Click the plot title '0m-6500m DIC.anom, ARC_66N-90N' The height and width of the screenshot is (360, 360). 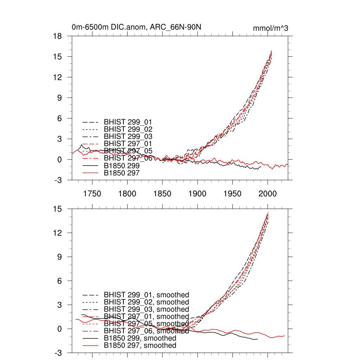(x=136, y=27)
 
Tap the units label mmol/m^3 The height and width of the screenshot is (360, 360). (x=270, y=28)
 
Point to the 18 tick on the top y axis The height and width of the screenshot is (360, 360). (x=57, y=36)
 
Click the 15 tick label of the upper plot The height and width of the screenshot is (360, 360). (x=57, y=57)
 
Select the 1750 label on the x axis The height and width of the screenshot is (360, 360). (x=92, y=194)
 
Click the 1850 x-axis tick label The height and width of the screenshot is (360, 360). (x=162, y=194)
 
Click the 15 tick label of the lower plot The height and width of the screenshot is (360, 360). (x=57, y=209)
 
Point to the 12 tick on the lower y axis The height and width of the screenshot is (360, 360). (x=57, y=233)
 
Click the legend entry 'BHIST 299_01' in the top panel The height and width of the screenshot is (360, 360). (x=128, y=122)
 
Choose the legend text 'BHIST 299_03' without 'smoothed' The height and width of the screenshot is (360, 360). (x=128, y=136)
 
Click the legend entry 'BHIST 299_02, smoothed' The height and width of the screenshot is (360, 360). (x=146, y=302)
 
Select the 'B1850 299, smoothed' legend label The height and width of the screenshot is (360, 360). (x=140, y=338)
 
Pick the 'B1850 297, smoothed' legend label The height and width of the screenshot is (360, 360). (x=140, y=346)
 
